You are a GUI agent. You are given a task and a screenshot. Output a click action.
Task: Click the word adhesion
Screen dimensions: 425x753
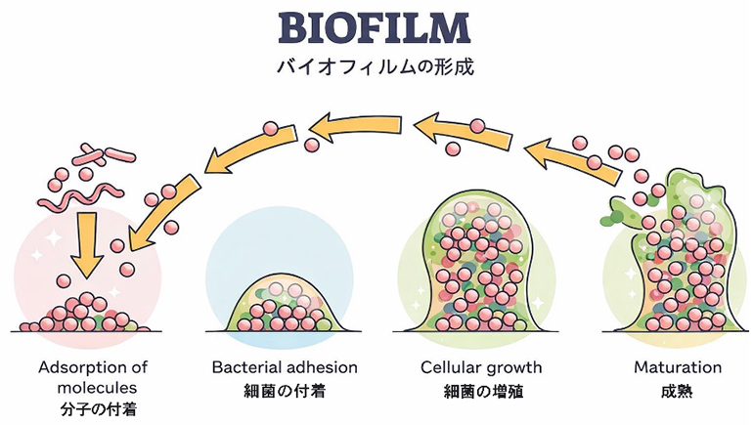tap(321, 368)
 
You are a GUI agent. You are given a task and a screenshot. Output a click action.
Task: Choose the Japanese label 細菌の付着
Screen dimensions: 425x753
tap(285, 391)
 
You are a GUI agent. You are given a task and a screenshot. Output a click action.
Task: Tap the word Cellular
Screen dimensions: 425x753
tap(453, 368)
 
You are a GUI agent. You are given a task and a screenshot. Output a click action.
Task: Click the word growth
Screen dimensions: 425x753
tap(516, 368)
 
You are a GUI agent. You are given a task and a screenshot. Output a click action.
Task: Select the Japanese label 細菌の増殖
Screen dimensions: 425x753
tap(481, 391)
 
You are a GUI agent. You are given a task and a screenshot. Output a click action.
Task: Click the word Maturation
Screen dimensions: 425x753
tap(678, 368)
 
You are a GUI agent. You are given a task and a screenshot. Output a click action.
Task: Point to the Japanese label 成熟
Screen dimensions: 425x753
tap(678, 391)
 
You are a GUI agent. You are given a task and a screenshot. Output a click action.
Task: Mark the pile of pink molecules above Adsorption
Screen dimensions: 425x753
tap(86, 315)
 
